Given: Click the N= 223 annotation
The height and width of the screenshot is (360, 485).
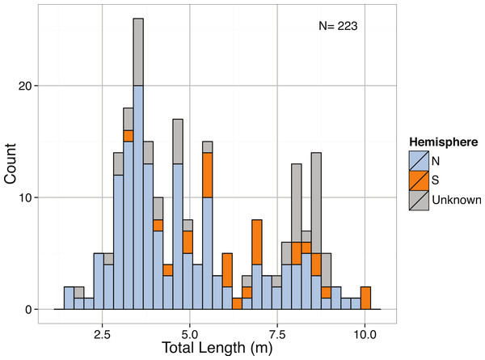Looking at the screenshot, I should pos(339,26).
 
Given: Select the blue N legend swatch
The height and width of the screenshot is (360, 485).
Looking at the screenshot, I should pos(419,159).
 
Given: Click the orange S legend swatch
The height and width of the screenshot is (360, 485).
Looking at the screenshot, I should pos(419,180).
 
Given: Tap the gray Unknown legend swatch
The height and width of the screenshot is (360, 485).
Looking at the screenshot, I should pos(419,200).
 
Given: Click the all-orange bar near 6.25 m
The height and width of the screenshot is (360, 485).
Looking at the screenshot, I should pos(237,303).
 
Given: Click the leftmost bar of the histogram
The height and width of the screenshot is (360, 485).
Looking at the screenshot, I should pos(69,298).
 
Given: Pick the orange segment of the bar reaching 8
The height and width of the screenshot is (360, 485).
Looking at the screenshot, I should pos(257,242).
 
